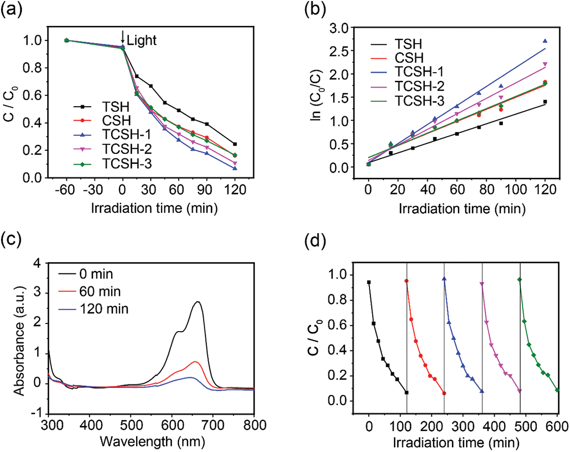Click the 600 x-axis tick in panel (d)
pos(557,424)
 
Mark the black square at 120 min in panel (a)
pos(234,144)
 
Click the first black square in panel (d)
pos(369,282)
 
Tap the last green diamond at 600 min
pos(557,390)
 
